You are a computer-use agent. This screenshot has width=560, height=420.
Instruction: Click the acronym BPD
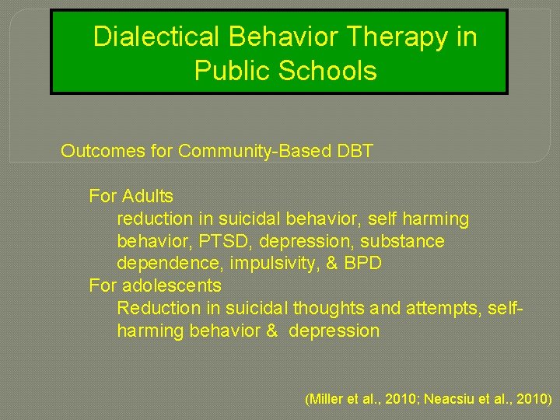pos(362,264)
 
